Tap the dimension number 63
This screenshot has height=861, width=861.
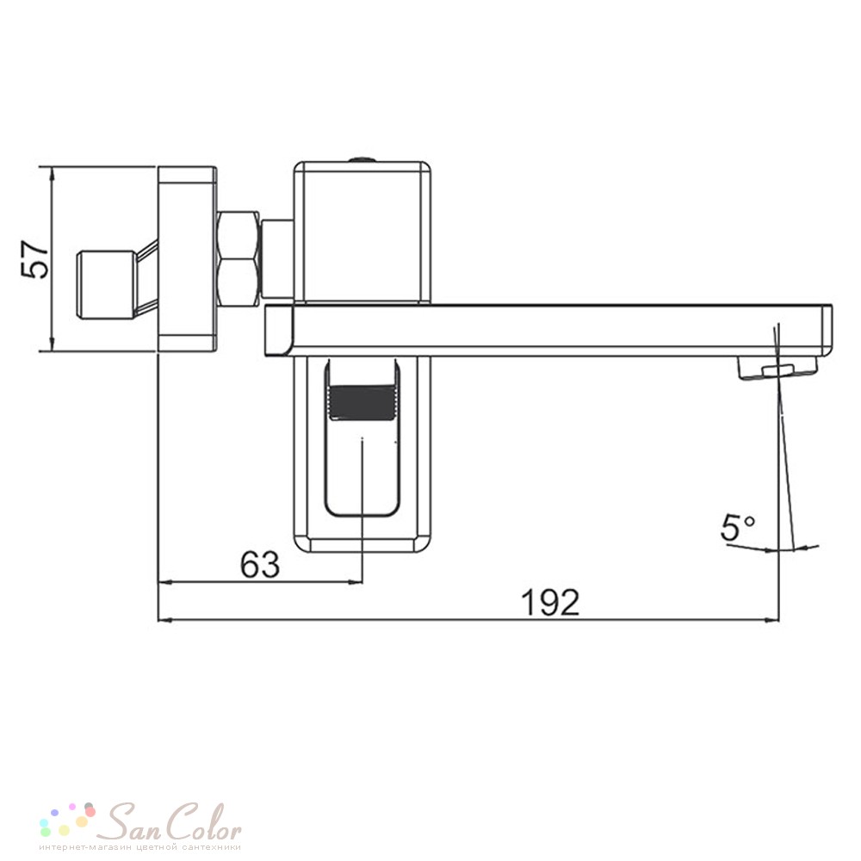click(260, 564)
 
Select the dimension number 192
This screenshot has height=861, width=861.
click(549, 602)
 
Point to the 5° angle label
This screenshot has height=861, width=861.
click(738, 528)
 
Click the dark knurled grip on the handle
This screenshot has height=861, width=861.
click(362, 402)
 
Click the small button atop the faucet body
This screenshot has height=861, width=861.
click(362, 159)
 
